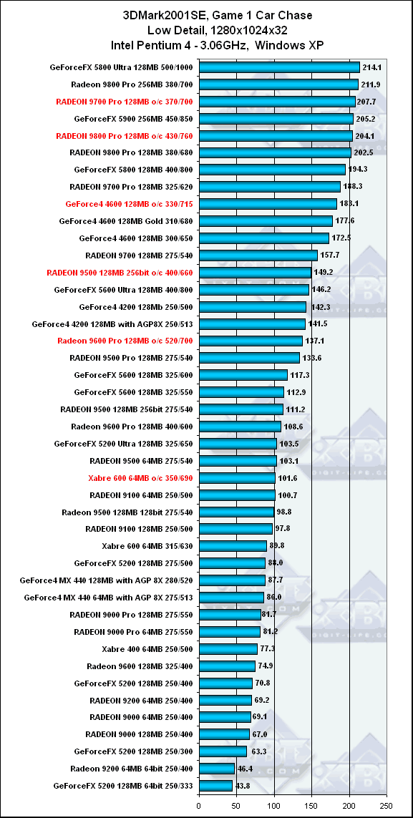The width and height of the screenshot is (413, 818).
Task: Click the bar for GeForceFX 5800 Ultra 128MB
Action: pyautogui.click(x=279, y=67)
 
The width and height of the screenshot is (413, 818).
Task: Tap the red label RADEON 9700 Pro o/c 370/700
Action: pyautogui.click(x=124, y=102)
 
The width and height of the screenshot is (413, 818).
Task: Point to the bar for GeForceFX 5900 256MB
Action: pyautogui.click(x=276, y=119)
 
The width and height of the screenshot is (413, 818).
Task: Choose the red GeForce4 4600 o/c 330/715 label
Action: pyautogui.click(x=130, y=204)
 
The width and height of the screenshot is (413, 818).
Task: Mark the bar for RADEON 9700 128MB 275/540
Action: pyautogui.click(x=258, y=255)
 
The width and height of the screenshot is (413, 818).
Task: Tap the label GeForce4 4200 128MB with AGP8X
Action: pyautogui.click(x=112, y=323)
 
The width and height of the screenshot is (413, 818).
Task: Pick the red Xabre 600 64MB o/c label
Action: pyautogui.click(x=140, y=477)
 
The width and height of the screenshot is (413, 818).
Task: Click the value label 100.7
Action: pyautogui.click(x=286, y=494)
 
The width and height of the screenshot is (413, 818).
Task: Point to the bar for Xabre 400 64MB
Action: pyautogui.click(x=228, y=648)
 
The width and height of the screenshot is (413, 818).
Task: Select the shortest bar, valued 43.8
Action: pyautogui.click(x=215, y=785)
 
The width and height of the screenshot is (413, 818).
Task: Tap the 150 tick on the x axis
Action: pyautogui.click(x=311, y=804)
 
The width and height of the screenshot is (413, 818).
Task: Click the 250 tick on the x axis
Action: pyautogui.click(x=387, y=804)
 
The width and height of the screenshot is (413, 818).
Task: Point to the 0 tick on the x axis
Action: pyautogui.click(x=199, y=804)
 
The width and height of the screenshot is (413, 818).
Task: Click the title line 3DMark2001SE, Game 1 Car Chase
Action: pyautogui.click(x=218, y=16)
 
